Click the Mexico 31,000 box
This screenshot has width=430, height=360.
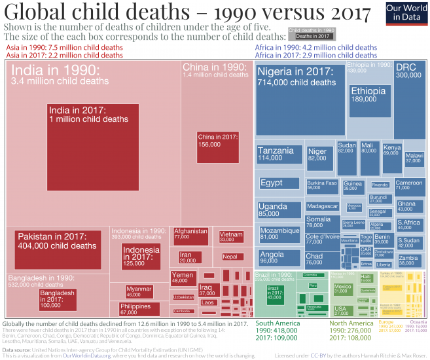pyautogui.click(x=342, y=289)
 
